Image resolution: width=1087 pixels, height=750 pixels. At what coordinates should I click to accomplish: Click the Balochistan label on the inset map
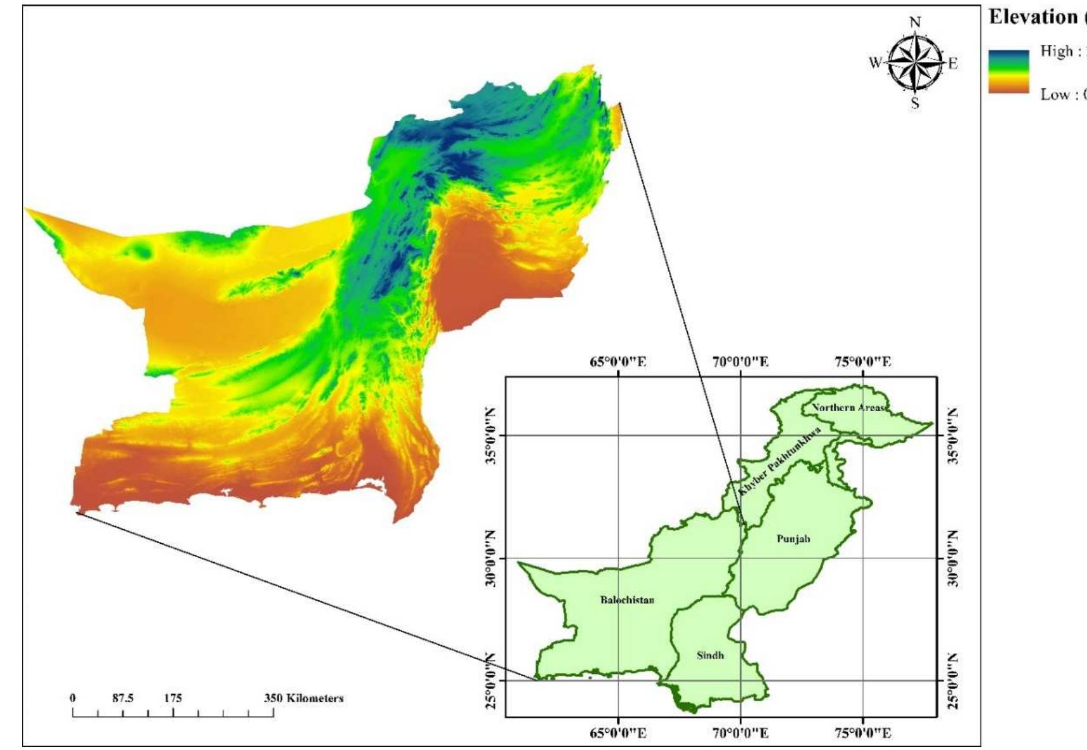(627, 600)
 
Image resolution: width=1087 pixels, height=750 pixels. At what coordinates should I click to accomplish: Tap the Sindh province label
(710, 655)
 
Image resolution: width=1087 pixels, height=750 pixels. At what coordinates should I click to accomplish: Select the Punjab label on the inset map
(793, 539)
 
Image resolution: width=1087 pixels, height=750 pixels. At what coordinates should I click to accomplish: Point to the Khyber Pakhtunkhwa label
(780, 461)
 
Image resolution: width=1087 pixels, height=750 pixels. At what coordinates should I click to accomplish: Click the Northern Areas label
(849, 407)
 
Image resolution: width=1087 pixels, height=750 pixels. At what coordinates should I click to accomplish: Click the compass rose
(915, 63)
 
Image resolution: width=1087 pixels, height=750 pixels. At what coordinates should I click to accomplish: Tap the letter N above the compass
(915, 23)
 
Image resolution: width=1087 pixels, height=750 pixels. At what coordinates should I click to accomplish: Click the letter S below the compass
(915, 103)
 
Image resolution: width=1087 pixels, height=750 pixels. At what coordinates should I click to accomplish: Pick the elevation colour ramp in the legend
(1008, 72)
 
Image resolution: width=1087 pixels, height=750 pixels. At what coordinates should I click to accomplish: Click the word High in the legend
(1056, 51)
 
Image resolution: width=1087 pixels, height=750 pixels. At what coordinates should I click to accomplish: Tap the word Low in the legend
(1055, 95)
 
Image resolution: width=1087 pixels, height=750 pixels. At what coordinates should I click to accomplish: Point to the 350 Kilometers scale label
(303, 698)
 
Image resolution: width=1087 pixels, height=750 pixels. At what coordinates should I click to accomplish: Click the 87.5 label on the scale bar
(122, 698)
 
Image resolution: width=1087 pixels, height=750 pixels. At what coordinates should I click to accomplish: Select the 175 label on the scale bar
(173, 698)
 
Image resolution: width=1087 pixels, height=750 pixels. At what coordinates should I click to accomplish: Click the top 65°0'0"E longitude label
(618, 362)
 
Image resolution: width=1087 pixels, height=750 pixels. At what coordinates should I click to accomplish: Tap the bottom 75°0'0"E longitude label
(862, 734)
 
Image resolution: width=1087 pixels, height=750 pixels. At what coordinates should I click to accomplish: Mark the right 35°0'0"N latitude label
(952, 436)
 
